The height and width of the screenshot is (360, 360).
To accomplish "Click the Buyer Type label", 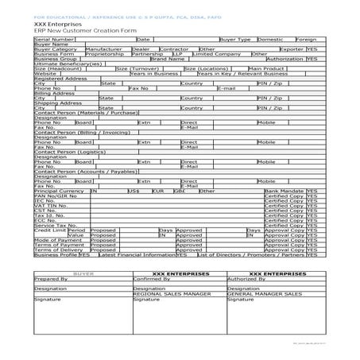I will tap(234, 38).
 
